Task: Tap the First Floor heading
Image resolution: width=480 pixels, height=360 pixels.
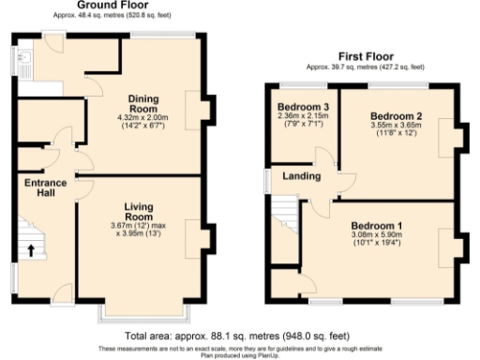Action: click(365, 56)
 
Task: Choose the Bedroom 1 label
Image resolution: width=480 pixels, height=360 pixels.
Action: click(377, 227)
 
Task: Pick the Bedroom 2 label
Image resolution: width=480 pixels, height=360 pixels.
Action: click(397, 116)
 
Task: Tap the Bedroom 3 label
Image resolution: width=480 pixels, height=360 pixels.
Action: click(303, 106)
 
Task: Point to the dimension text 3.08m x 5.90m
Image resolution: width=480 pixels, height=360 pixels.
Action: click(377, 238)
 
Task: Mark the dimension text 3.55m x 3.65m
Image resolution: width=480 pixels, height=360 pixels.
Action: click(397, 127)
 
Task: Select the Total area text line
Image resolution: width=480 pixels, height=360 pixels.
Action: click(240, 335)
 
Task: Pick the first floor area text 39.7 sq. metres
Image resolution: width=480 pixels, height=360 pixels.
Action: click(365, 67)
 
